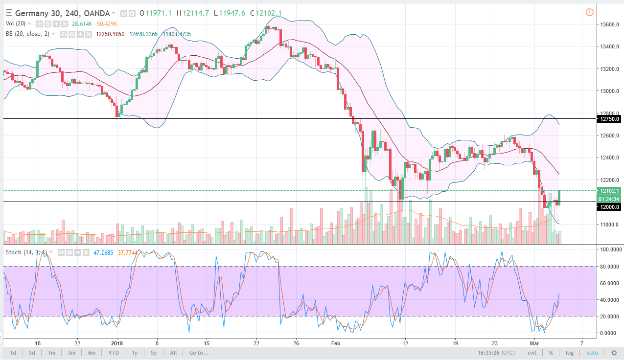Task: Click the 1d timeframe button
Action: (x=13, y=353)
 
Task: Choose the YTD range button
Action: (x=114, y=353)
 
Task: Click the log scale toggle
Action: (x=570, y=353)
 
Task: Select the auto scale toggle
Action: (x=592, y=353)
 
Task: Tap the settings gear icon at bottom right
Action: (x=614, y=353)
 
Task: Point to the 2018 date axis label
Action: (x=117, y=342)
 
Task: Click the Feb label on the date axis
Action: (x=335, y=342)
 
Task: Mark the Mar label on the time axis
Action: (x=536, y=342)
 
